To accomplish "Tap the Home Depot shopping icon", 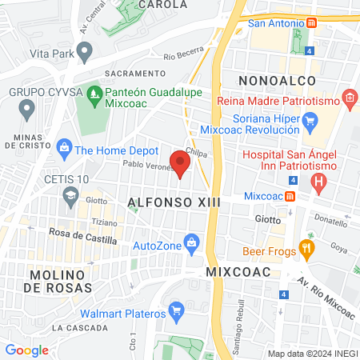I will pos(63,150).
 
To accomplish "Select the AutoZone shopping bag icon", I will pos(191,243).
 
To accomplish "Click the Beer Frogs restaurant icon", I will pos(305,250).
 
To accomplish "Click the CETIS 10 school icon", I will pos(70,195).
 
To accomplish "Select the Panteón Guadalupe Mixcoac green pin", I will pos(94,93).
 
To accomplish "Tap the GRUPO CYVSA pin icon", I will pos(26,107).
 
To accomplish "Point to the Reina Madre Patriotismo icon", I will pos(349,99).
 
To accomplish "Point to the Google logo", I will pos(26,350).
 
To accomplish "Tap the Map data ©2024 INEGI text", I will pos(310,354).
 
